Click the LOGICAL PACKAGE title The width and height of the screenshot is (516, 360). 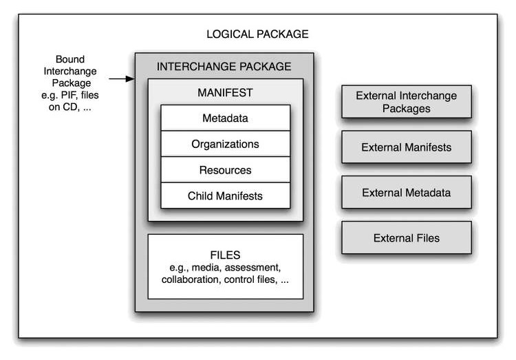click(x=257, y=34)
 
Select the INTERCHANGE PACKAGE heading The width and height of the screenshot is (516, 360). click(x=224, y=67)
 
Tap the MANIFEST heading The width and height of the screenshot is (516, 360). click(x=225, y=92)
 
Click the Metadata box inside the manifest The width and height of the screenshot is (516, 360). click(x=226, y=118)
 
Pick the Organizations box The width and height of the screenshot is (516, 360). click(x=226, y=144)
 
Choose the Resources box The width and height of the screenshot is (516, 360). click(x=226, y=170)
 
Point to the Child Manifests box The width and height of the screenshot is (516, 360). click(x=226, y=195)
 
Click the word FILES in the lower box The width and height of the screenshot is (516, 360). click(x=225, y=255)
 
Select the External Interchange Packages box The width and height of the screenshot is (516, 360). click(x=407, y=102)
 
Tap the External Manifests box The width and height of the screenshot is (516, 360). click(x=407, y=147)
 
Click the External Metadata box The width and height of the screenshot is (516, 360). click(x=407, y=192)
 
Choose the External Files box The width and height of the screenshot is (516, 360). click(x=407, y=237)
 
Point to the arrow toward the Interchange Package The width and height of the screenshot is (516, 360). click(x=122, y=78)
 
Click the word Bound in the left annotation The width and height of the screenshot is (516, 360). click(x=70, y=59)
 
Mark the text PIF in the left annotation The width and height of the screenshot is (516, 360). click(x=68, y=95)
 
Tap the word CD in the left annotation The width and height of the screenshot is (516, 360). click(x=69, y=107)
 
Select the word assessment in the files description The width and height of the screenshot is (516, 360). click(x=252, y=268)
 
